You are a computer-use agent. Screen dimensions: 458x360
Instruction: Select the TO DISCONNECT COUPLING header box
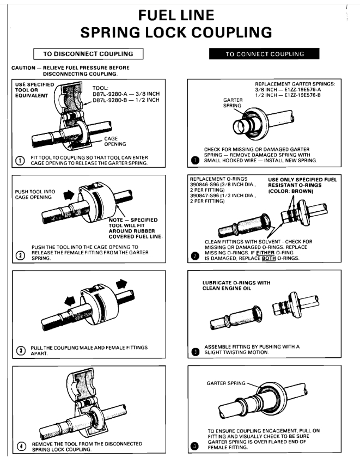(x=88, y=53)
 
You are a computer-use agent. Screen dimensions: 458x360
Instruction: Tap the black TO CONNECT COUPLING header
(x=264, y=54)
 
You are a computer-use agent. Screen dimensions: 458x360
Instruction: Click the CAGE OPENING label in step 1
(x=115, y=142)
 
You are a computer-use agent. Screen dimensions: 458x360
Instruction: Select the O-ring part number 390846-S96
(x=206, y=185)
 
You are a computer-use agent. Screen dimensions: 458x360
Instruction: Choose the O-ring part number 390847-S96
(x=206, y=197)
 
